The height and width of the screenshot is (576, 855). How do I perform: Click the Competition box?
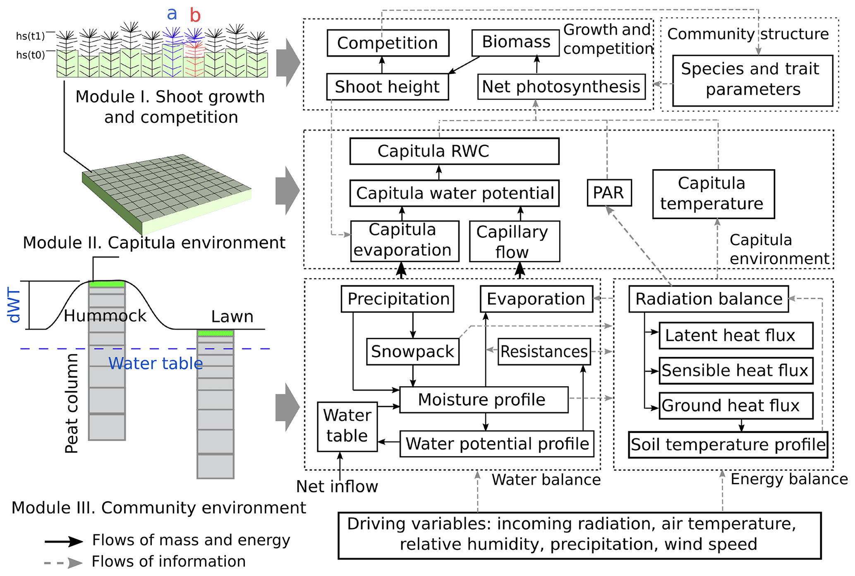[x=388, y=43]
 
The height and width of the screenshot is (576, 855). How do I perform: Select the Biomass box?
[x=516, y=42]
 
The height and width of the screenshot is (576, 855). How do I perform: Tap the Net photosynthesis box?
[x=561, y=87]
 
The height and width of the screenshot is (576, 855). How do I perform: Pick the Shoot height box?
[x=387, y=87]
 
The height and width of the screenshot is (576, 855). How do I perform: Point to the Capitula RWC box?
[x=454, y=151]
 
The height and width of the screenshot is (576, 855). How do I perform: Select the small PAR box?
[x=609, y=193]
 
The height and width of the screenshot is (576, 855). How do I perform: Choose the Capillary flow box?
[x=514, y=241]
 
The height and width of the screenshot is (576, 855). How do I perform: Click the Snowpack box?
[x=412, y=351]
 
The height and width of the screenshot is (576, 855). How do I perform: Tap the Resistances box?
[x=544, y=351]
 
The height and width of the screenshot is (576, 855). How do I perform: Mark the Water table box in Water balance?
[x=347, y=426]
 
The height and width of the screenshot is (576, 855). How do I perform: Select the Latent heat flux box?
[x=735, y=335]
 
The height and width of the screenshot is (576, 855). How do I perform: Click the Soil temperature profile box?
[x=728, y=445]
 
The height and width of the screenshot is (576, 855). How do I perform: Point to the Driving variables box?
[x=579, y=535]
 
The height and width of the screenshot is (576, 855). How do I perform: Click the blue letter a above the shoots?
[x=172, y=14]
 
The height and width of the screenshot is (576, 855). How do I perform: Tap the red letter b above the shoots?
[x=195, y=16]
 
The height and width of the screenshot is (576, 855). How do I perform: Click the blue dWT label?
[x=14, y=306]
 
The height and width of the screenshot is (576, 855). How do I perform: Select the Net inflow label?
[x=337, y=487]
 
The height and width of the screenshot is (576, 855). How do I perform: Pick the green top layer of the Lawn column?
[x=216, y=333]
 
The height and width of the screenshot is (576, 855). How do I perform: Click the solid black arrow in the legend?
[x=64, y=541]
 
